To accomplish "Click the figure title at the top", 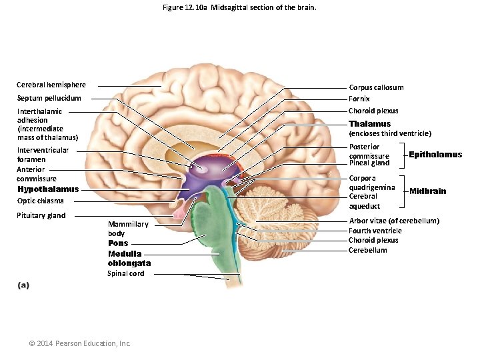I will pos(239,8).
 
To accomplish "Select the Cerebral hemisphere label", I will pos(51,85).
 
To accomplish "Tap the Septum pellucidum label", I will pos(49,98).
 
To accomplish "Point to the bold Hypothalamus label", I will pos(48,189).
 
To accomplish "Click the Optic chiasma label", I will pos(41,201).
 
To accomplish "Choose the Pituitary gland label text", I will pos(41,215).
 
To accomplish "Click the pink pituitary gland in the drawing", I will pos(179,213).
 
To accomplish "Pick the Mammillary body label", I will pos(128,229).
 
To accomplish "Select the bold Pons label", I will pos(118,243).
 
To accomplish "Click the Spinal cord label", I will pos(126,273).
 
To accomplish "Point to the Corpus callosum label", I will pos(376,87).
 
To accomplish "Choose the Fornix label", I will pos(359,99).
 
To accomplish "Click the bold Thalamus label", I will pos(370,124).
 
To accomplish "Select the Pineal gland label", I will pos(369,163).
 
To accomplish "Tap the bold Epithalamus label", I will pos(435,155).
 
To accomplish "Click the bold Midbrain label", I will pos(428,191).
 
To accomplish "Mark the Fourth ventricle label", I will pos(375,231).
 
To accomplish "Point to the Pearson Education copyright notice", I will pos(80,343).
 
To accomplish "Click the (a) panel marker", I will pos(23,285).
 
